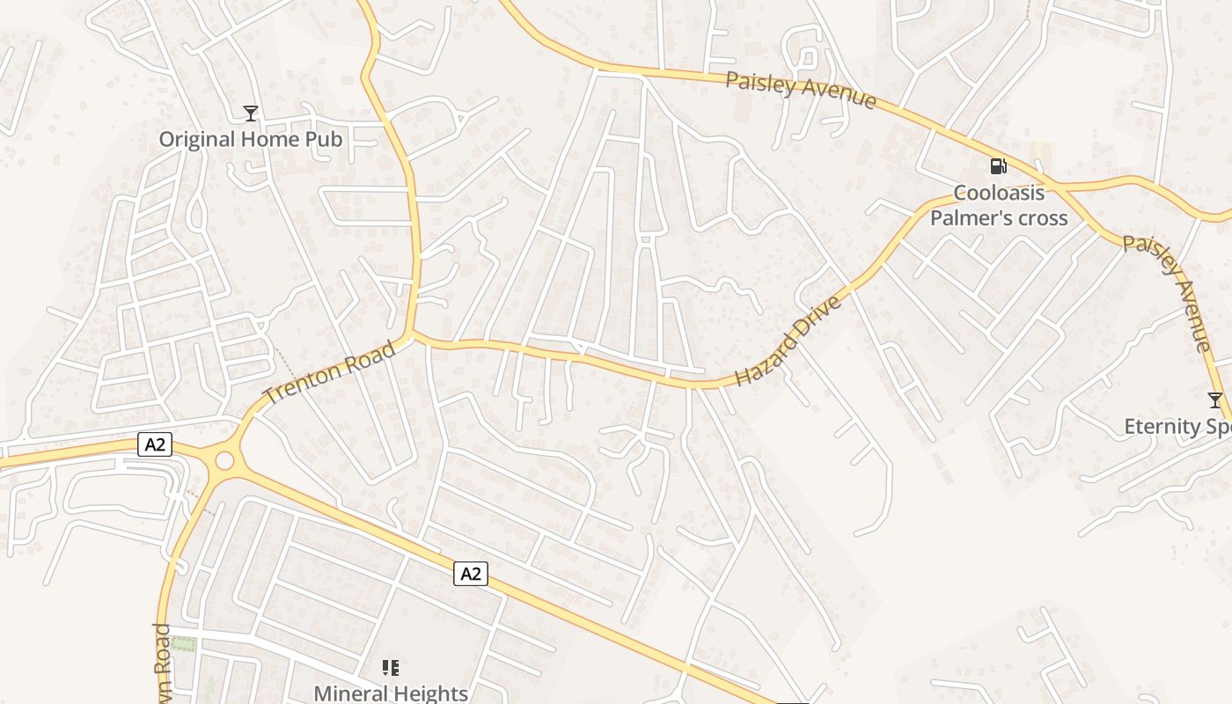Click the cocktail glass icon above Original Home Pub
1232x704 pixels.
pos(251,113)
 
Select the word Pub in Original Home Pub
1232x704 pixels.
pos(324,139)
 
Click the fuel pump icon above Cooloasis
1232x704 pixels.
pos(999,166)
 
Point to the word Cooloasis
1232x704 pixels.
pos(999,194)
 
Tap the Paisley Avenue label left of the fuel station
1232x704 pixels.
pos(801,90)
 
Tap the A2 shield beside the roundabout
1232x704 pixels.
pos(155,445)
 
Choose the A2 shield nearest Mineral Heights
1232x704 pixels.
pos(471,574)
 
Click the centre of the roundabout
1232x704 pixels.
pos(224,460)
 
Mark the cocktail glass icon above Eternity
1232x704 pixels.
pos(1215,401)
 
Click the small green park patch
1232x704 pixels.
pos(183,645)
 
